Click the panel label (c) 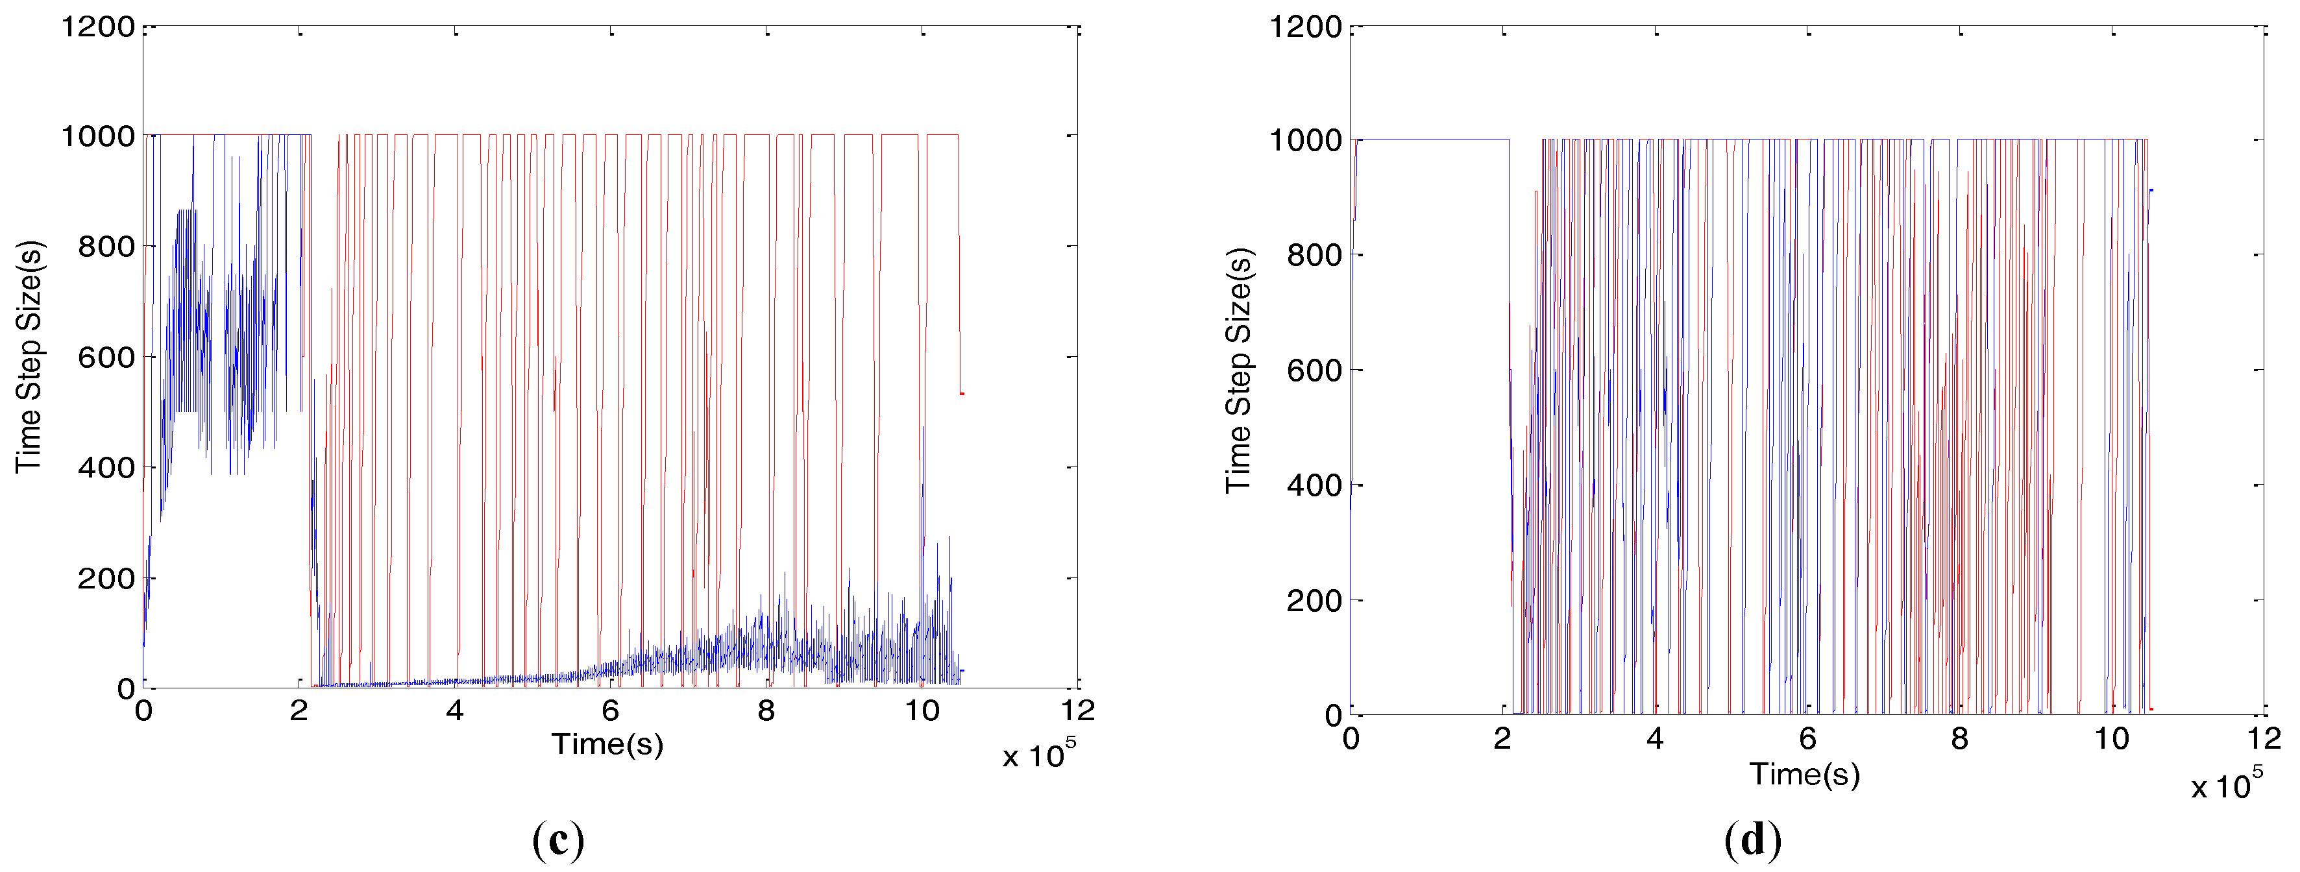pos(558,840)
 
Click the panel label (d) pos(1753,840)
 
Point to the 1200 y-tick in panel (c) pos(97,27)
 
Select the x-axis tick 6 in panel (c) pos(611,711)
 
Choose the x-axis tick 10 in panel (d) pos(2112,739)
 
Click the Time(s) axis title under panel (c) pos(607,744)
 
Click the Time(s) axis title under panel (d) pos(1804,774)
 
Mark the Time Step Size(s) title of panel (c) pos(29,356)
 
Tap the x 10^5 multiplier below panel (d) pos(2227,784)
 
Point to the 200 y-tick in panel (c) pos(105,578)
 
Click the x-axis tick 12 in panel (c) pos(1079,711)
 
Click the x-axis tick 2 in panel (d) pos(1502,739)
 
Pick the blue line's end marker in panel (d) pos(2151,190)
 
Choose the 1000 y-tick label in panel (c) pos(97,136)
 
